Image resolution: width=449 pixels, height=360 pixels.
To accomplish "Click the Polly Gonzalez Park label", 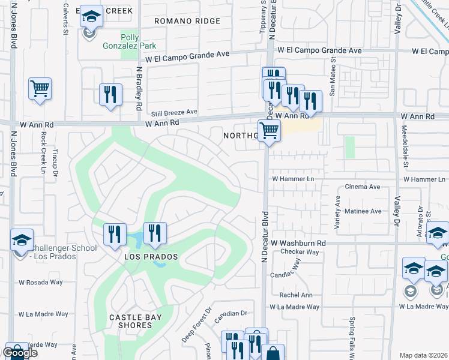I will click(x=138, y=41).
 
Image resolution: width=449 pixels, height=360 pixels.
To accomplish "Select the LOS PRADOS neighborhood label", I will click(x=151, y=257).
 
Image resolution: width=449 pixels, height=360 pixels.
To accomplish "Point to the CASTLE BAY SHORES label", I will click(x=131, y=320).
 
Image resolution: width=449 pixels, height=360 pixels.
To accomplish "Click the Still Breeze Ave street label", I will click(x=174, y=112).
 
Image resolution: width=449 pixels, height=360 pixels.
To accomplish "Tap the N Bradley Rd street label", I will click(x=138, y=88).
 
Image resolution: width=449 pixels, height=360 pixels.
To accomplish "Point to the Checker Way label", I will click(x=299, y=252).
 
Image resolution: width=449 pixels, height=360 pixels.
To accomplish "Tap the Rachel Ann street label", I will click(x=297, y=295).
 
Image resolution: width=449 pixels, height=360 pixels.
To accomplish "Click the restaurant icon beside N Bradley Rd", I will click(x=110, y=95).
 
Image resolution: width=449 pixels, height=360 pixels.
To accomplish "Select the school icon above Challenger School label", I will click(x=22, y=240).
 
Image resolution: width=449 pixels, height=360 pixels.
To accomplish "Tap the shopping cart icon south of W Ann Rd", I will click(x=269, y=130).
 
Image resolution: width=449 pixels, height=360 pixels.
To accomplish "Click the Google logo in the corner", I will click(x=20, y=353).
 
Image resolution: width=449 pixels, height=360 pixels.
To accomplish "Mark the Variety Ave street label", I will click(x=337, y=213).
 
